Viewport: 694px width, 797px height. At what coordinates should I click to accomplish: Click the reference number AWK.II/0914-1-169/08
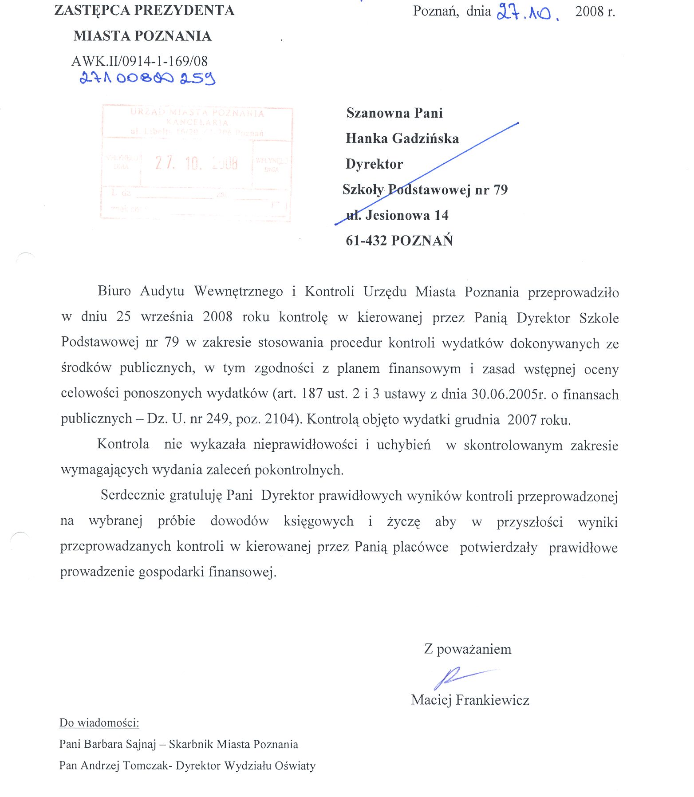139,61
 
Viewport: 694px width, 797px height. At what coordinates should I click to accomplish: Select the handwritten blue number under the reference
147,79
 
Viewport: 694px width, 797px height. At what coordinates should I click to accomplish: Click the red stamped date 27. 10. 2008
196,163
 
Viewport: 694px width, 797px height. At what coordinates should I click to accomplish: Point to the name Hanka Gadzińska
402,138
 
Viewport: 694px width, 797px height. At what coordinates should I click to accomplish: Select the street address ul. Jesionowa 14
397,215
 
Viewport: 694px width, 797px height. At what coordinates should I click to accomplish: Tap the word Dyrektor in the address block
374,164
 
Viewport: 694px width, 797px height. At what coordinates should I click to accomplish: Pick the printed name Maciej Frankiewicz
470,700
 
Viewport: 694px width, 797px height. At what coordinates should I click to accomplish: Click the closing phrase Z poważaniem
467,649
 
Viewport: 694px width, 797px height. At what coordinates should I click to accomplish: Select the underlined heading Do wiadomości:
99,723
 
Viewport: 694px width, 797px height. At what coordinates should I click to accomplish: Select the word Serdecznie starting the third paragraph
133,495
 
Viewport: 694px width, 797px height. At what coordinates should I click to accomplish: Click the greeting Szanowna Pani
394,113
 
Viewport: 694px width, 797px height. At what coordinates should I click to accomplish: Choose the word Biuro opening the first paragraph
114,291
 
